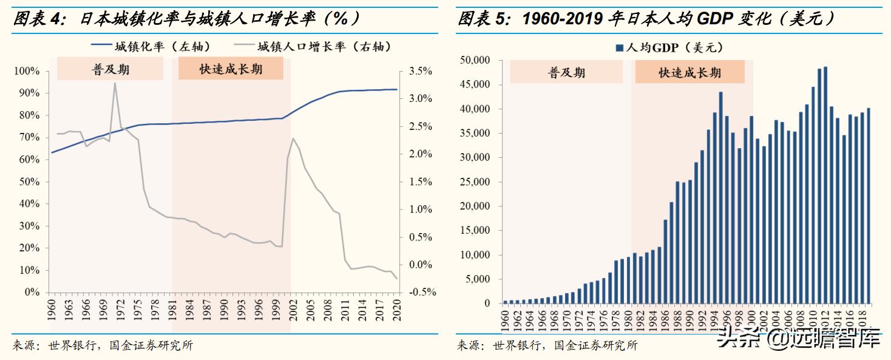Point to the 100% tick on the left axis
[27, 72]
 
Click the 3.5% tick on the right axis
[421, 72]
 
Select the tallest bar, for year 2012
[825, 185]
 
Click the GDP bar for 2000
[751, 209]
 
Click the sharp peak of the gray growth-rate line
[114, 84]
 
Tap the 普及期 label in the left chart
[110, 69]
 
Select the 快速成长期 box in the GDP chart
[689, 73]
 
